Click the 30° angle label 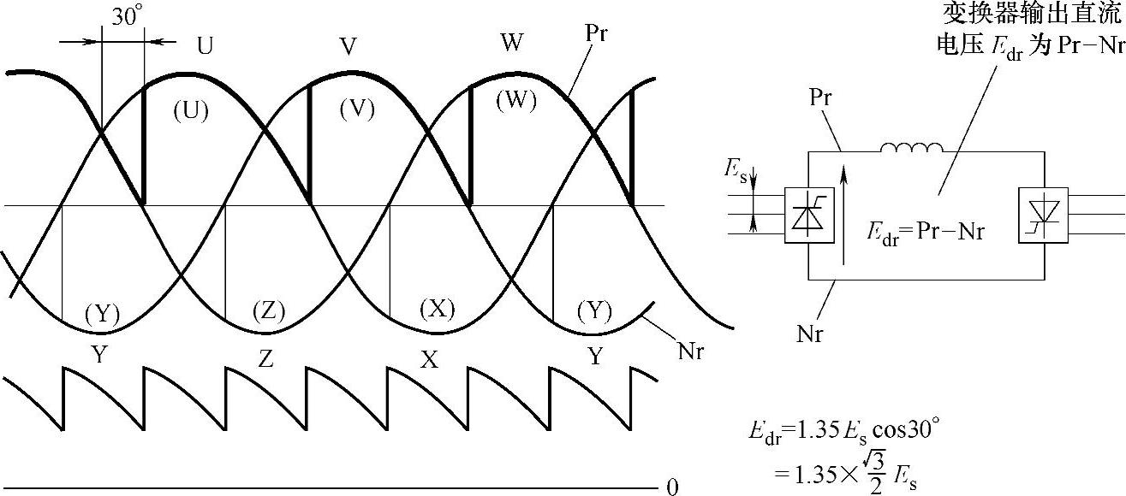[x=126, y=17]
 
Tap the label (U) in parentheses [x=190, y=111]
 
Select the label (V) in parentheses [x=356, y=109]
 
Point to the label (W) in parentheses [x=516, y=101]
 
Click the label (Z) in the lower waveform [x=269, y=312]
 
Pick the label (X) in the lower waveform [x=436, y=310]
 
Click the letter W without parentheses [x=511, y=43]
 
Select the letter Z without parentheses [x=265, y=360]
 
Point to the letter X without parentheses [x=429, y=360]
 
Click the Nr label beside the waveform [x=689, y=351]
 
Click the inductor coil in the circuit [x=911, y=149]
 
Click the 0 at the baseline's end [x=672, y=487]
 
